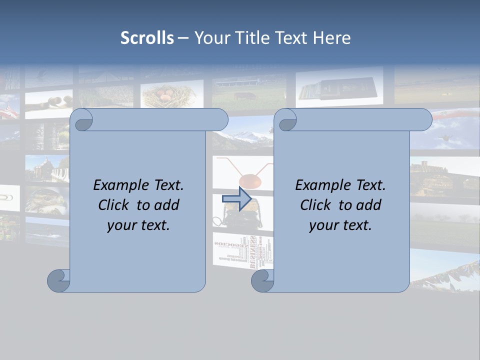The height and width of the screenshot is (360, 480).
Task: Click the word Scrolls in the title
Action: coord(147,37)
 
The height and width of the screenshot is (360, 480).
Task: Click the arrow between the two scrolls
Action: coord(236,199)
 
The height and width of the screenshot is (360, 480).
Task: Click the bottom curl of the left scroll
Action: coord(58,280)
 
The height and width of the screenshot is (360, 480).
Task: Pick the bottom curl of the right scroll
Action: coord(262,280)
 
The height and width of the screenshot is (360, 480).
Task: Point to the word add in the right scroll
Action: coord(369,205)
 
